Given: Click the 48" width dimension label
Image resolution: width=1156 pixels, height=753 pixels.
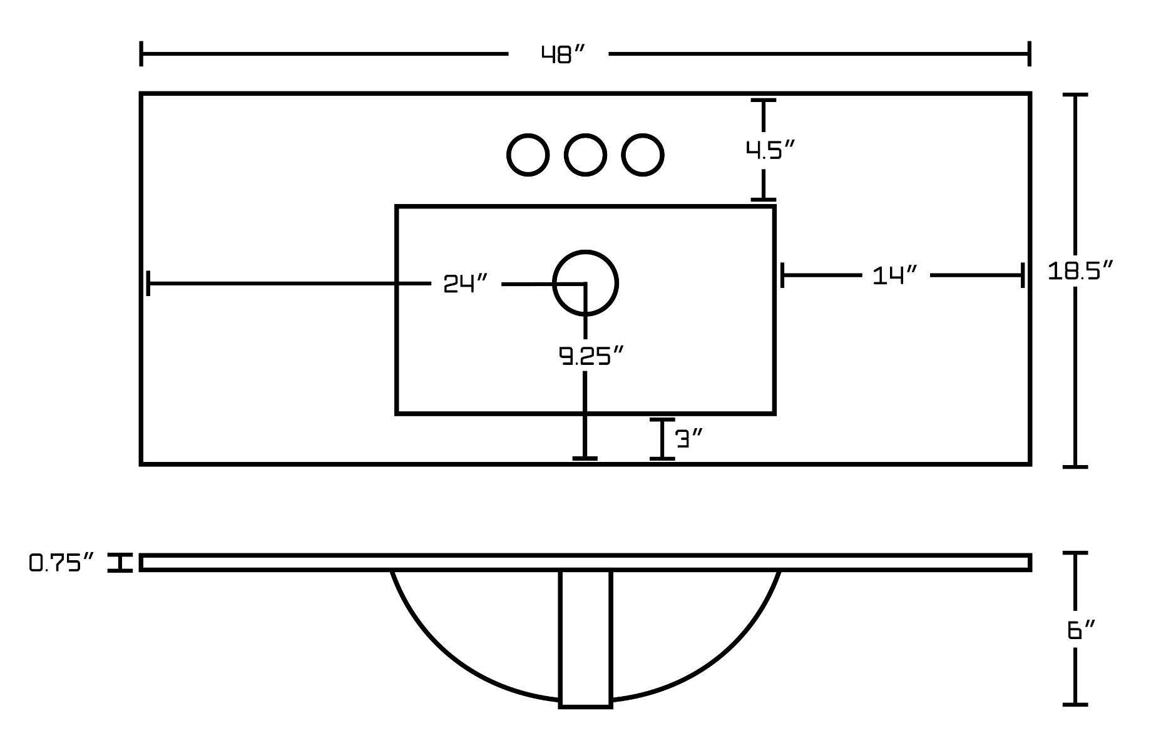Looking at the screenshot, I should pos(563,55).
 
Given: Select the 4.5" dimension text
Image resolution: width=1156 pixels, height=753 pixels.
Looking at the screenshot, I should pos(770,150).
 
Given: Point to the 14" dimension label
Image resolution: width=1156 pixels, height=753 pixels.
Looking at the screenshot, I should pos(895,275).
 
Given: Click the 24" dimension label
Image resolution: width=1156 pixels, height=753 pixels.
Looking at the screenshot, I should pos(465,284).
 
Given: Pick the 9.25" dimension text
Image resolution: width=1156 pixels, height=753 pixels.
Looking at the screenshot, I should pos(591,356).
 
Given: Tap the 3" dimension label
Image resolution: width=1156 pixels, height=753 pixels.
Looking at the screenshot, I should pos(690,439).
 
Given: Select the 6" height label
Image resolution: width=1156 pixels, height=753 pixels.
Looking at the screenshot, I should pos(1082,630).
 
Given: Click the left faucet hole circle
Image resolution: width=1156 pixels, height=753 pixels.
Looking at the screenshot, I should pos(528,155).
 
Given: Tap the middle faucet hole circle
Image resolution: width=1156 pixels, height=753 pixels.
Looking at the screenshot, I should pos(585,155).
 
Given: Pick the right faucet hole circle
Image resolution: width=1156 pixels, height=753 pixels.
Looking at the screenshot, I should pos(643,155).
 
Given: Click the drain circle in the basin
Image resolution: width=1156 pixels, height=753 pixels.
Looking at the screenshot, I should pos(586,283).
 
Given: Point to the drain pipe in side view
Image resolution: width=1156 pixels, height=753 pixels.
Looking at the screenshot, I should pos(585,638).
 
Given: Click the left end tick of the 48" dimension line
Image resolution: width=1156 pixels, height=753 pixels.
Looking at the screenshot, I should pos(142,54).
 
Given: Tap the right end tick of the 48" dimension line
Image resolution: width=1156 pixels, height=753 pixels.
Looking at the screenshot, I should pos(1029,54).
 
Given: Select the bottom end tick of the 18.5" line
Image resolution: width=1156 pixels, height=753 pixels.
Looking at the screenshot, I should pos(1075,466).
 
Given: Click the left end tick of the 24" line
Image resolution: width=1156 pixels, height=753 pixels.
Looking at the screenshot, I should pos(148,284).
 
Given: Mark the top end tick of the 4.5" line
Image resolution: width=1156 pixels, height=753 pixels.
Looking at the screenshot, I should pos(763,100).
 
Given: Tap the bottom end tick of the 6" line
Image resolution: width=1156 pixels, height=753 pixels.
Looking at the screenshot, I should pos(1075,705).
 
